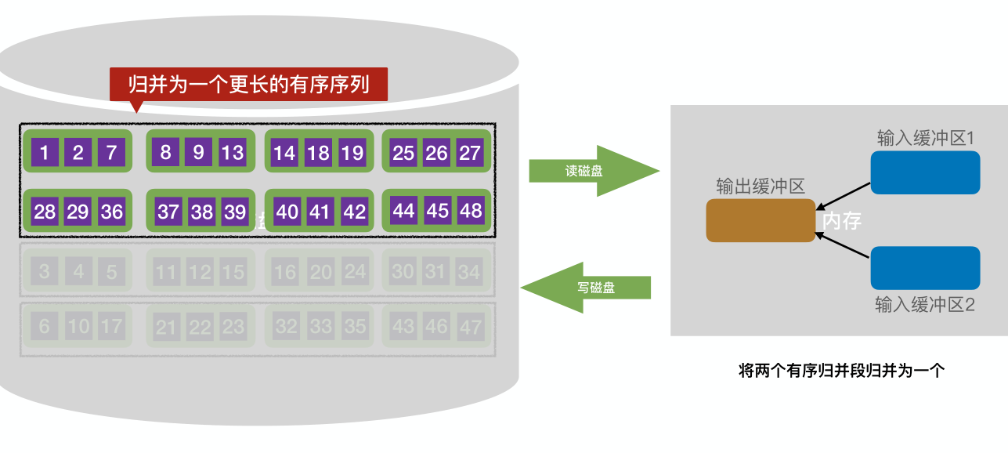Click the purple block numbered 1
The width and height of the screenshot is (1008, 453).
[45, 152]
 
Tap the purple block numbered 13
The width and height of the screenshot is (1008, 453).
[232, 151]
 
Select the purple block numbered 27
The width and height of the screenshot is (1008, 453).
[470, 153]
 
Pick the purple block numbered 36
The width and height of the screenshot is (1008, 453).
[112, 212]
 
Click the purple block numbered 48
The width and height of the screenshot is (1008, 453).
[471, 210]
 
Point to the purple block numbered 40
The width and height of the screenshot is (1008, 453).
[287, 212]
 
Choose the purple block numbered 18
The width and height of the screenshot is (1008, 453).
[318, 153]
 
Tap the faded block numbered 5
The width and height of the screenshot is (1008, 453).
[112, 272]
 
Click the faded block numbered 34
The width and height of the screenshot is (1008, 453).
[469, 272]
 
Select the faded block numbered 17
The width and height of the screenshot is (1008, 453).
[112, 326]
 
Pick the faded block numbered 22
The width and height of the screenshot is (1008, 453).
[199, 327]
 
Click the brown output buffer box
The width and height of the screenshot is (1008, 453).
[761, 220]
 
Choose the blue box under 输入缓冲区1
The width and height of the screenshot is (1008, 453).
[925, 172]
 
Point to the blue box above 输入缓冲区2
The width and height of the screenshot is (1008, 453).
[925, 268]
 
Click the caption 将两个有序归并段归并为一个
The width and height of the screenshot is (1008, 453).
[841, 371]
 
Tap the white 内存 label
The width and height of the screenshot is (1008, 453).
[842, 221]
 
